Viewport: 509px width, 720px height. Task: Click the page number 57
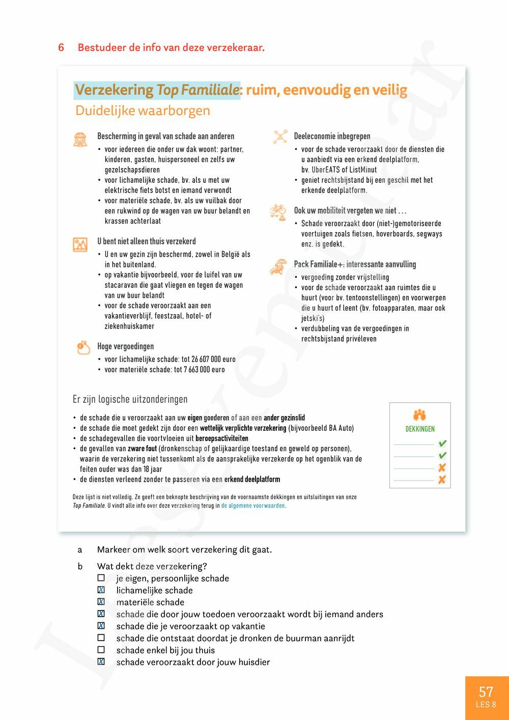point(486,692)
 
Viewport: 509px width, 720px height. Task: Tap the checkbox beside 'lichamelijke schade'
point(101,590)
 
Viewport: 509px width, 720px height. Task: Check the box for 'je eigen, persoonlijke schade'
point(101,578)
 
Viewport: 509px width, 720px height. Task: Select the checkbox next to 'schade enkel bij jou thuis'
point(101,650)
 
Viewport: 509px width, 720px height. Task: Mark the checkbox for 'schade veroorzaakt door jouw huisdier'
point(101,662)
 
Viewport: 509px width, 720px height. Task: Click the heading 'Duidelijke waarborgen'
point(143,110)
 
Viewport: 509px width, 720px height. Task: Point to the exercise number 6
point(61,47)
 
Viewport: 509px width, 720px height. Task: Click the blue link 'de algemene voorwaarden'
point(253,506)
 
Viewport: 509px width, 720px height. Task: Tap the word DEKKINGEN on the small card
point(420,429)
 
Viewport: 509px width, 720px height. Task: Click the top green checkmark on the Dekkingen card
point(442,444)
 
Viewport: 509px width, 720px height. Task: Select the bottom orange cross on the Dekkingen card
point(442,480)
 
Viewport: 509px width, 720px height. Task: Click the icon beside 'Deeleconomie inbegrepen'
point(280,136)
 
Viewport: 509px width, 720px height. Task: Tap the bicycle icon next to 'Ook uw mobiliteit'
point(278,211)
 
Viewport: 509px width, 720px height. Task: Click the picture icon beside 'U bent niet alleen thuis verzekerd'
point(80,244)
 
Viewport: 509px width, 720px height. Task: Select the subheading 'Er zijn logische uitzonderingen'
point(130,399)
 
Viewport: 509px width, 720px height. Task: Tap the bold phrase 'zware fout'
point(142,449)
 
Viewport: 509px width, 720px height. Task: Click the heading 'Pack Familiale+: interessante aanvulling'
point(355,264)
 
